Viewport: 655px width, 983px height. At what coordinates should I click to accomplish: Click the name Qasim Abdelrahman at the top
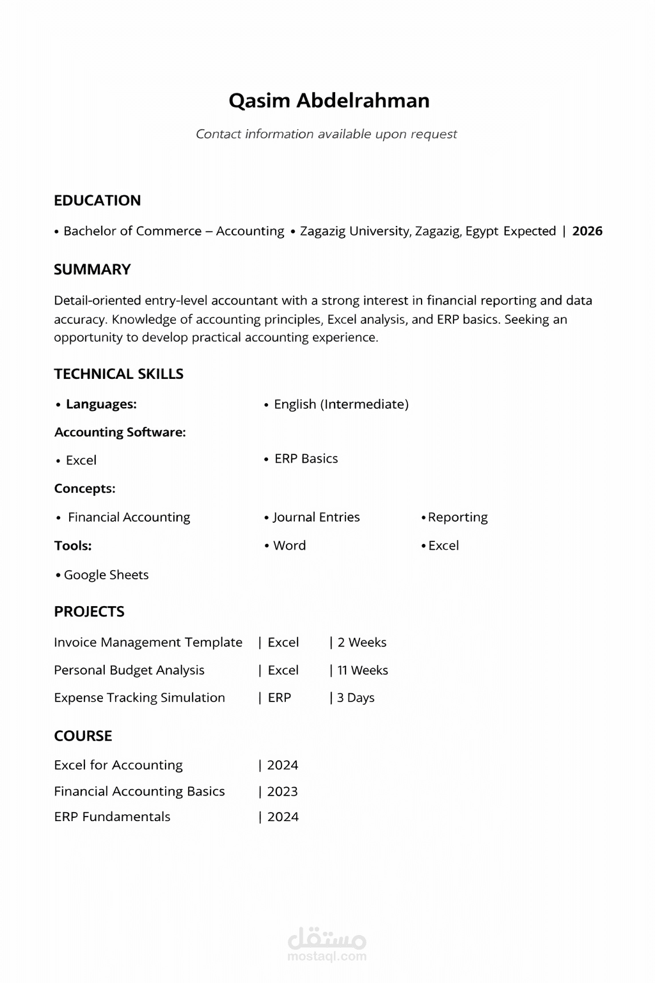(329, 100)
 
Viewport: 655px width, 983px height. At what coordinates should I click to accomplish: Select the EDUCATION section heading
(97, 200)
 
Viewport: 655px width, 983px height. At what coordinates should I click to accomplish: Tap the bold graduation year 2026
(587, 231)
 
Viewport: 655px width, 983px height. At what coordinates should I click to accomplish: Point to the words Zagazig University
(355, 231)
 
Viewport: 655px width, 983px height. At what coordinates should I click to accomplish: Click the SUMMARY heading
(92, 269)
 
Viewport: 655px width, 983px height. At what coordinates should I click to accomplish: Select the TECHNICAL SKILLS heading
(118, 374)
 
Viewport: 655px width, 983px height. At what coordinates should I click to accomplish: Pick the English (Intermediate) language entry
(341, 404)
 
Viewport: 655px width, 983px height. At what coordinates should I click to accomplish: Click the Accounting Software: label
(120, 432)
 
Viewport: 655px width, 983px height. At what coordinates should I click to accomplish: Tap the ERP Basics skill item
(306, 459)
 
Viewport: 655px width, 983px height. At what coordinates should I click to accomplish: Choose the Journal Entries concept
(316, 517)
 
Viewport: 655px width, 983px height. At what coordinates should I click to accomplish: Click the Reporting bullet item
(457, 517)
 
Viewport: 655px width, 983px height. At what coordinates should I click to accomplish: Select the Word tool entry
(289, 546)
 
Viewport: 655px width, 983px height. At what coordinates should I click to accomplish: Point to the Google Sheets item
(106, 575)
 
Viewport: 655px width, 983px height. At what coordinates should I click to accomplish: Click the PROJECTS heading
(89, 612)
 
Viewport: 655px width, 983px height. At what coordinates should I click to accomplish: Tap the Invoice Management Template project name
(148, 643)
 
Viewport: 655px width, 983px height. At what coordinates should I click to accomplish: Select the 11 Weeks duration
(362, 670)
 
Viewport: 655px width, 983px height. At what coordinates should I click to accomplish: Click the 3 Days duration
(356, 698)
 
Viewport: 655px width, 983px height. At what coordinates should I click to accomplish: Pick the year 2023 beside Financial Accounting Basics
(282, 792)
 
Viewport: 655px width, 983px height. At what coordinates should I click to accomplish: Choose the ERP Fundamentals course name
(112, 817)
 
